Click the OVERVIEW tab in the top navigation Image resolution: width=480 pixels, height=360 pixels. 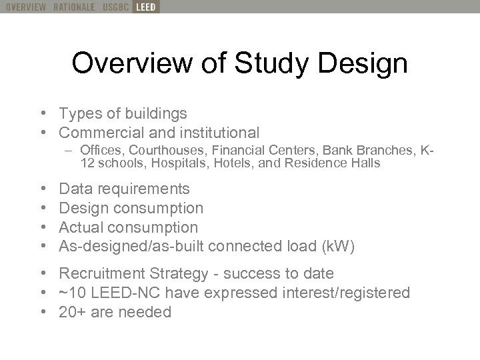23,7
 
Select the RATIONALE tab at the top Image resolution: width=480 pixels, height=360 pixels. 74,7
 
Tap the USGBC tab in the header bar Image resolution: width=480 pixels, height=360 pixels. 116,7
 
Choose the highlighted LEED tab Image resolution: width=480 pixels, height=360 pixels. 145,7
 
